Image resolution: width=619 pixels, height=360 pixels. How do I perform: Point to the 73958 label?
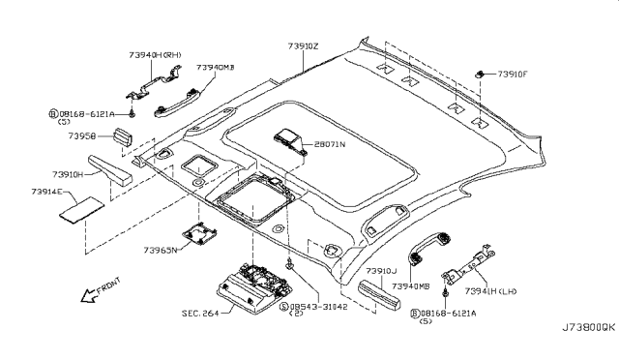(81, 136)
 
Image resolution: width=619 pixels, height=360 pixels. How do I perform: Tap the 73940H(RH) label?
(156, 55)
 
